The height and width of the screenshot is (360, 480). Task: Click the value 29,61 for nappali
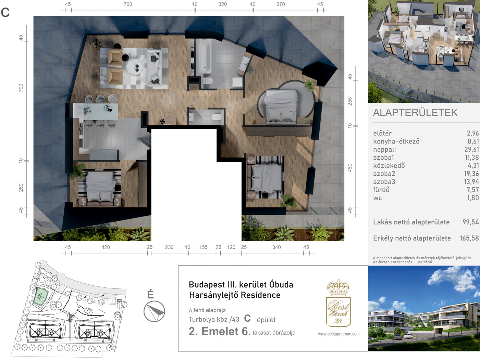pos(473,149)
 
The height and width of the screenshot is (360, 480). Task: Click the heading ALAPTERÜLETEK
pos(415,113)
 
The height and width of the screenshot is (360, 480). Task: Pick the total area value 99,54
pos(471,222)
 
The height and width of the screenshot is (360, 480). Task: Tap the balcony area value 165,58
pos(469,238)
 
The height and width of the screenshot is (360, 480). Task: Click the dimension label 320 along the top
pos(222,4)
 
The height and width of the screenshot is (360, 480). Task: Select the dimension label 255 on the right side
pos(350,101)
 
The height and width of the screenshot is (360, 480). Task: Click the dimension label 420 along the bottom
pos(106,247)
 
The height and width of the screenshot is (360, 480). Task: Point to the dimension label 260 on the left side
pos(21,188)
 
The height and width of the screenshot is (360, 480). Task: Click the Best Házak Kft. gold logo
pos(339,303)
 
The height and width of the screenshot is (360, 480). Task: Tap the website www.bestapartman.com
pos(339,334)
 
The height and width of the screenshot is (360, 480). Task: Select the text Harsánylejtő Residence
pos(235,295)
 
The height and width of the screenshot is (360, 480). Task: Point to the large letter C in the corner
pos(5,12)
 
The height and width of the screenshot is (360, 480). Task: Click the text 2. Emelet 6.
pos(220,331)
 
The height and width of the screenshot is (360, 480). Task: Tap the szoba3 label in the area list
pos(384,182)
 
